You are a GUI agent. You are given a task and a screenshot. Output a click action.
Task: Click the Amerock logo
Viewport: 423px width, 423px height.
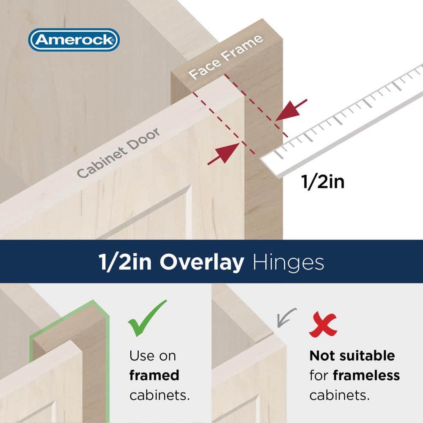coord(74,40)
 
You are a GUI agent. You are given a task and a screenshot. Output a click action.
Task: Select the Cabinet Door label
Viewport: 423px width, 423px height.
coord(119,153)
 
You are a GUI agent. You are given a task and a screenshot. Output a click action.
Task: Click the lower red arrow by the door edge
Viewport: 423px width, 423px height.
coord(223,153)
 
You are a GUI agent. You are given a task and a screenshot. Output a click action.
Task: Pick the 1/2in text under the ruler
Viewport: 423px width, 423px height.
coord(322,182)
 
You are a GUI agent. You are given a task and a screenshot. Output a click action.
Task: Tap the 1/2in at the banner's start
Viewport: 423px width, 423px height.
coord(126,263)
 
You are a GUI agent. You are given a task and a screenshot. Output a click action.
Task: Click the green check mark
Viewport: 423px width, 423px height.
coord(147,318)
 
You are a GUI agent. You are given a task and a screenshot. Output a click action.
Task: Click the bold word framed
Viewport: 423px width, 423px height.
coord(154,375)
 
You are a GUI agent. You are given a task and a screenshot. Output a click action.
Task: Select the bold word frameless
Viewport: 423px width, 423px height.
coord(366,375)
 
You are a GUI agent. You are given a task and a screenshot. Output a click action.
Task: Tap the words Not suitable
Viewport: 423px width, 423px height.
coord(352,356)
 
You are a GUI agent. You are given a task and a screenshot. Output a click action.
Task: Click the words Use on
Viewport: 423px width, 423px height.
coord(152,356)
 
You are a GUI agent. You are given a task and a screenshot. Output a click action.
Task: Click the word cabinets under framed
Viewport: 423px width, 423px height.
coord(159,395)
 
